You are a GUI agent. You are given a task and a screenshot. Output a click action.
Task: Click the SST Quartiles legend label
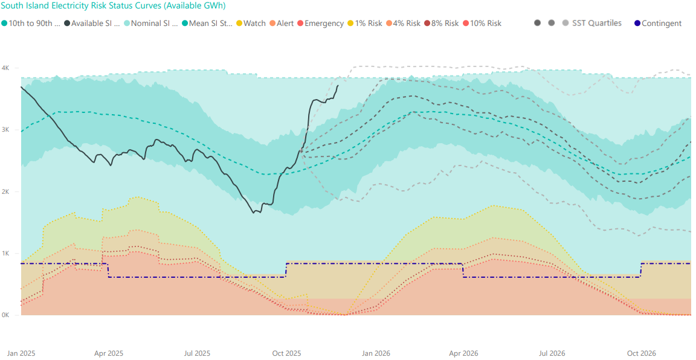point(596,24)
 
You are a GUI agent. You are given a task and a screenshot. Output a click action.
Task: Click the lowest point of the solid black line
point(254,213)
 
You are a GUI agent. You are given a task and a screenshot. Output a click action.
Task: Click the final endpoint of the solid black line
point(338,86)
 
